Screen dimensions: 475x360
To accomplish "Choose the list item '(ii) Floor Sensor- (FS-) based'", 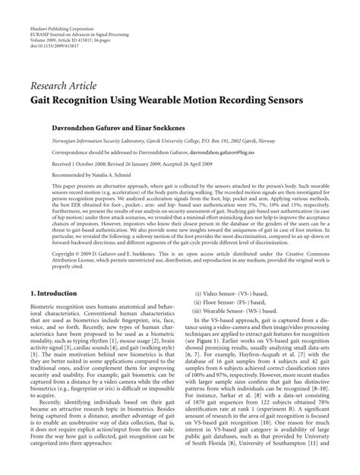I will coord(230,280).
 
